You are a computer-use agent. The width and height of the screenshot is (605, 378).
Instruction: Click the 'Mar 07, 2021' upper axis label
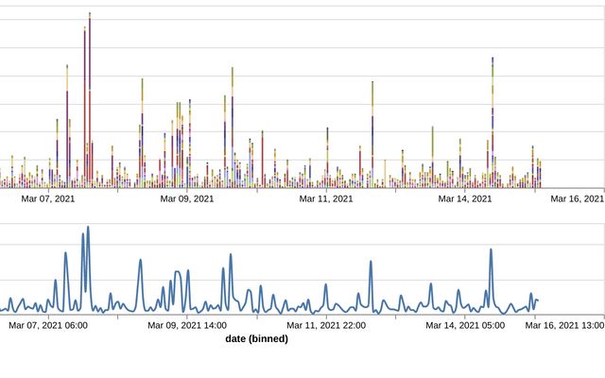(48, 199)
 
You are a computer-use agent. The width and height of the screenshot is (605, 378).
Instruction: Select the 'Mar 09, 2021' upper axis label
(187, 199)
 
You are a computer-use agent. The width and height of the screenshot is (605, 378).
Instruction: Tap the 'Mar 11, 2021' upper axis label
(326, 199)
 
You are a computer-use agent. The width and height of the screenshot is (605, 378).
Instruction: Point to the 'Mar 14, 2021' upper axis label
(465, 199)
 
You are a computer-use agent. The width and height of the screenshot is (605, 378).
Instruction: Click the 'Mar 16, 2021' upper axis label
(578, 199)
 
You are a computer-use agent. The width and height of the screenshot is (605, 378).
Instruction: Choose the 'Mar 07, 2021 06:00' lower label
(48, 326)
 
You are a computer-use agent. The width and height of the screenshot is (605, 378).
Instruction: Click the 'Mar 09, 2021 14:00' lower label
(187, 326)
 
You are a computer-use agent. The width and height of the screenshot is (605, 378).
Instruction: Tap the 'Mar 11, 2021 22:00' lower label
(326, 326)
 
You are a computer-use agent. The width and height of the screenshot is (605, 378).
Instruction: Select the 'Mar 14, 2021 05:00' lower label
(465, 326)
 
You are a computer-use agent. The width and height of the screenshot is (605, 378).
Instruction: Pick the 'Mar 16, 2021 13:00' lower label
(565, 326)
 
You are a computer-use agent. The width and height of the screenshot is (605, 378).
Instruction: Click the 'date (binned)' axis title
(257, 338)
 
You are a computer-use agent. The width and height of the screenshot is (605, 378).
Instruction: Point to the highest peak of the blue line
(88, 228)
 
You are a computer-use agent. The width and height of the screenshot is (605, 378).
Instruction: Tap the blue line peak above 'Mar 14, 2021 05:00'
(491, 249)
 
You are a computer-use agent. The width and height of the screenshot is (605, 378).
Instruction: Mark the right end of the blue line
(537, 301)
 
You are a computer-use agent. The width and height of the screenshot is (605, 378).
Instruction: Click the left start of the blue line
(1, 308)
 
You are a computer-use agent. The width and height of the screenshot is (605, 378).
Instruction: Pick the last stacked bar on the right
(540, 174)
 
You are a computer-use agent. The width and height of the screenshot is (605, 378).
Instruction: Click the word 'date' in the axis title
(237, 338)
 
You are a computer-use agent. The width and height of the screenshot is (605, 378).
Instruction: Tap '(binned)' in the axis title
(269, 338)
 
